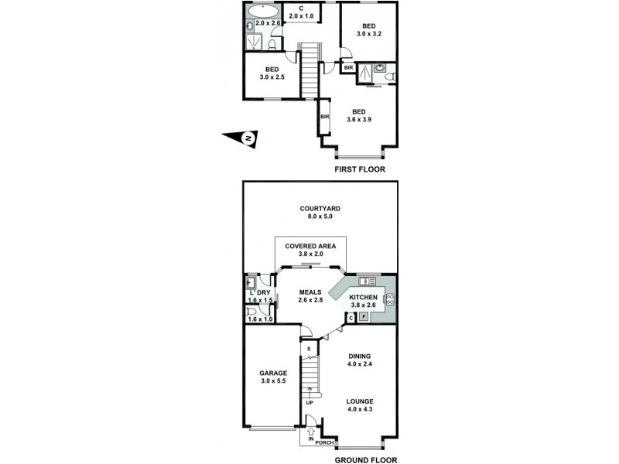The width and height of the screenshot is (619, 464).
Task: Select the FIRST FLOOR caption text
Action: pyautogui.click(x=359, y=169)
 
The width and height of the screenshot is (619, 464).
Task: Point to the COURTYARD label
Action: pyautogui.click(x=322, y=209)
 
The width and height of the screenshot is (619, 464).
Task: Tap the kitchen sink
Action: pyautogui.click(x=368, y=281)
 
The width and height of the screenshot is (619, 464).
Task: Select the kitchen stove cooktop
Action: pyautogui.click(x=389, y=300)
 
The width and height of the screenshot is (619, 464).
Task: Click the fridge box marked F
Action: pyautogui.click(x=364, y=317)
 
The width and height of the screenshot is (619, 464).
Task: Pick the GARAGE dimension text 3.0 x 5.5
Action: pyautogui.click(x=272, y=382)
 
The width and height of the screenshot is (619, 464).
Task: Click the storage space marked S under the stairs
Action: pyautogui.click(x=309, y=350)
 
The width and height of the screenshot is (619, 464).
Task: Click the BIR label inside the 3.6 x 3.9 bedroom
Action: pyautogui.click(x=325, y=117)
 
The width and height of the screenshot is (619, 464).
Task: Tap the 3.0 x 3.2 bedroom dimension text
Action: pyautogui.click(x=368, y=34)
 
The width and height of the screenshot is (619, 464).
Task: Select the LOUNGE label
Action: pyautogui.click(x=359, y=401)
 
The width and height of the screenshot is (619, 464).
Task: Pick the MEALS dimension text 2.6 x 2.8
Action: pyautogui.click(x=309, y=299)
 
